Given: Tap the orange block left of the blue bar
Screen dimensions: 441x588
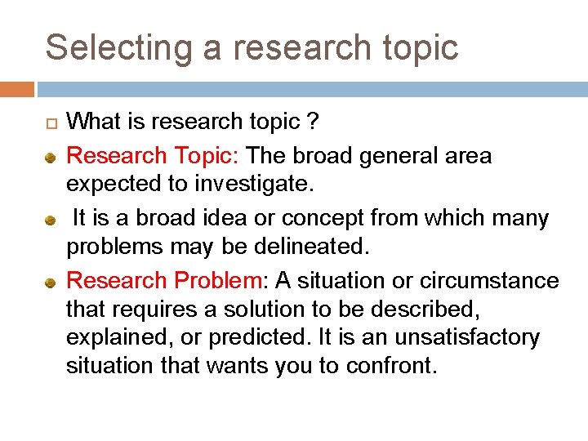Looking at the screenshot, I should coord(16,88).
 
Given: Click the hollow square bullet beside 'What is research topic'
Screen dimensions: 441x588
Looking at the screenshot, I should coord(51,124).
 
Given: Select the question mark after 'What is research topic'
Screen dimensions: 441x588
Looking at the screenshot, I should coord(313,122).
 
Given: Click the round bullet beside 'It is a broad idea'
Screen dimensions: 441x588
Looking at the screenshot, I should coord(51,220).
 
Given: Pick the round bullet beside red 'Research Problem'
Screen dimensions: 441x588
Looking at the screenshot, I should coord(51,283).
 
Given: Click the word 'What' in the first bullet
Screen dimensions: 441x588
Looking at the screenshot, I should coord(91,122).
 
